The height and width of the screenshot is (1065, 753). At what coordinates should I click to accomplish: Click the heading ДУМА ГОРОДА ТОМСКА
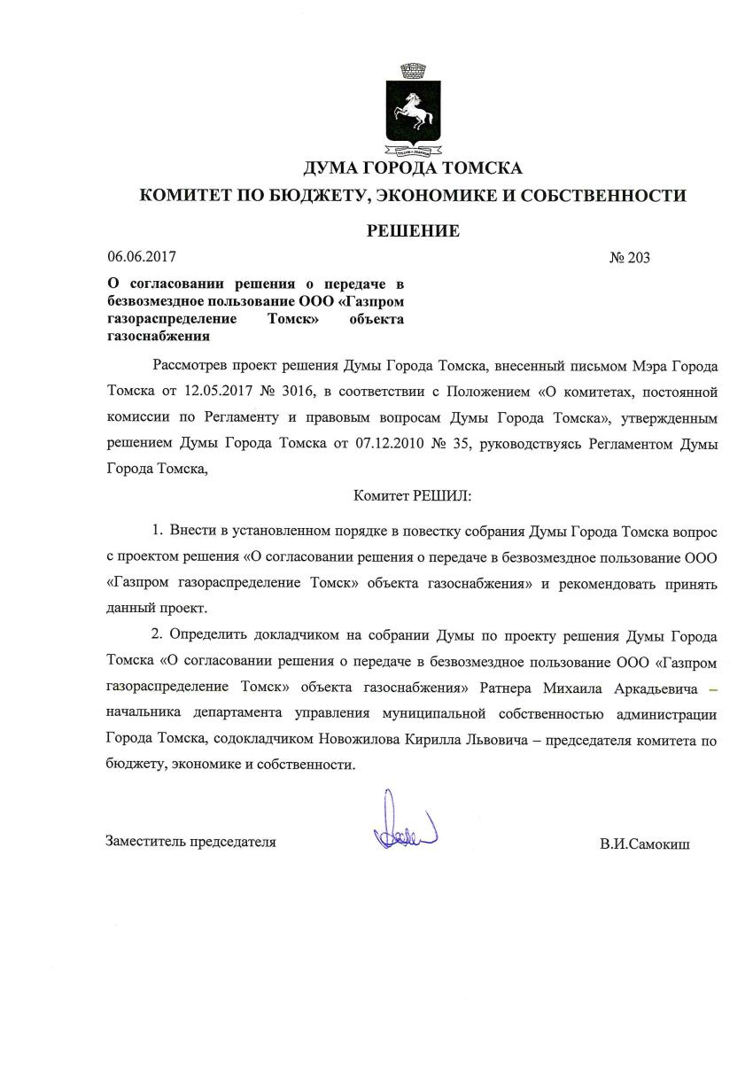(413, 167)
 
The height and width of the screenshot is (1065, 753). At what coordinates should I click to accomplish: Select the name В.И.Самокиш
(644, 843)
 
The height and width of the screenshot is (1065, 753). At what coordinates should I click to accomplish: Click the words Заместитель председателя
(190, 842)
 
